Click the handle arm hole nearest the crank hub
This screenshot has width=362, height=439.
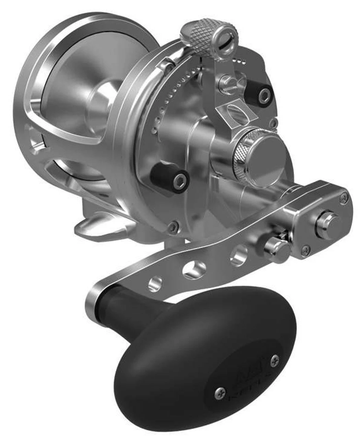[x=239, y=255]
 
